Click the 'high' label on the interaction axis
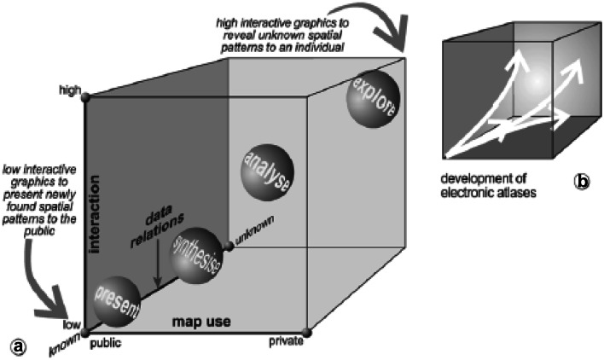coord(68,90)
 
